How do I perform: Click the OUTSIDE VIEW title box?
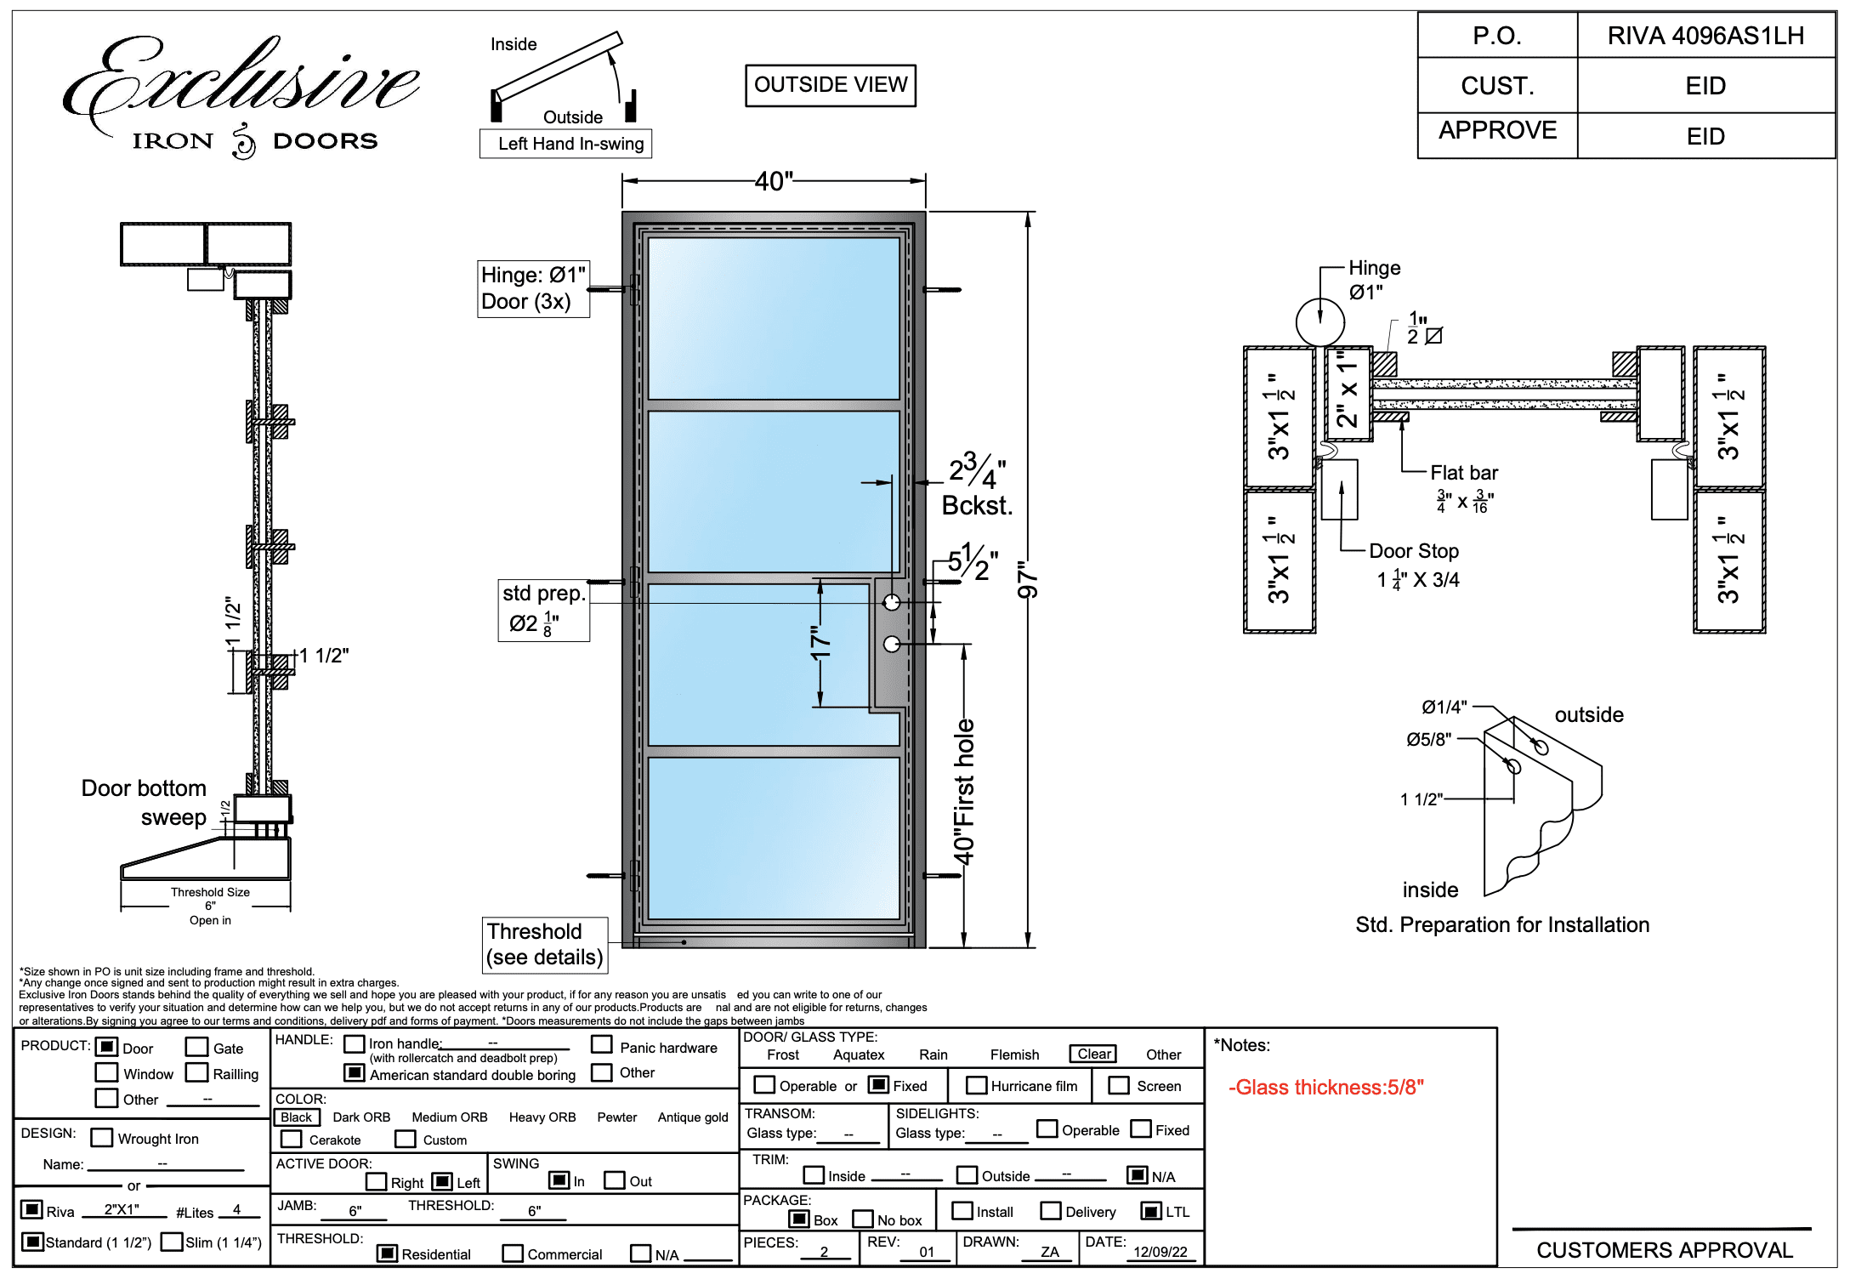coord(831,85)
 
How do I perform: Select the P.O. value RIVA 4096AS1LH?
coord(1705,36)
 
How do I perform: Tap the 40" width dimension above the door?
coord(774,181)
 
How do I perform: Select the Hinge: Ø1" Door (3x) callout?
coord(533,288)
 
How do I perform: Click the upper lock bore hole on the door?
coord(891,603)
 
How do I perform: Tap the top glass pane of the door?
coord(774,318)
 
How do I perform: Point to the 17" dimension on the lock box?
coord(820,644)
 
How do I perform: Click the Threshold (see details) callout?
coord(544,944)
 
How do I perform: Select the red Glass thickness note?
coord(1325,1087)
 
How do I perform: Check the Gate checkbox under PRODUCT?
coord(196,1047)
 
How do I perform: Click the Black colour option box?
coord(297,1117)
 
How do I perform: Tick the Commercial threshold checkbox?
coord(513,1253)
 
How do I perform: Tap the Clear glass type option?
coord(1093,1054)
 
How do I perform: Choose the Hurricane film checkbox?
coord(977,1086)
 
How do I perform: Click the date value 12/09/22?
coord(1160,1252)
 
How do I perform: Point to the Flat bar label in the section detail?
coord(1463,473)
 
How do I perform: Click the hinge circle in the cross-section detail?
coord(1319,322)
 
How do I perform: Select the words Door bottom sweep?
coord(145,802)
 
